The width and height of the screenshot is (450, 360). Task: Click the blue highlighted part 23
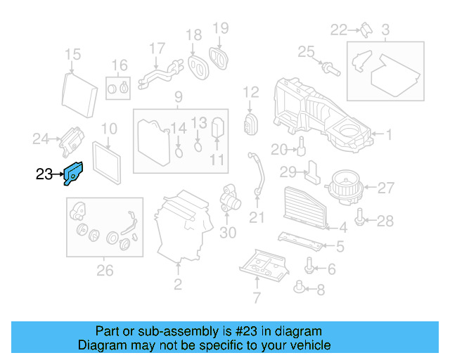coord(73,173)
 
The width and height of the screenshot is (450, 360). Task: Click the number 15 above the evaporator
coord(72,55)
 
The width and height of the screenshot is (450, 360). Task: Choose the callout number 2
coord(178,284)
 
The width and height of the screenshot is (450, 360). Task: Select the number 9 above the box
coord(179,96)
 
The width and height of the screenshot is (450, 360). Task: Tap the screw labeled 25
coord(329,68)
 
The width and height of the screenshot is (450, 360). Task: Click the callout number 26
coord(104,270)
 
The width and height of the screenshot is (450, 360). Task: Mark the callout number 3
coord(385,30)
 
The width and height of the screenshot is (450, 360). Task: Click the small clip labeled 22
coord(366,28)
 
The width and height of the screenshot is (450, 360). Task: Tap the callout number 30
coord(228,233)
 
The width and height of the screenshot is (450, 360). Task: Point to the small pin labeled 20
coord(300,146)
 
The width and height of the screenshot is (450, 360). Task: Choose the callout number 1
coord(389,134)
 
